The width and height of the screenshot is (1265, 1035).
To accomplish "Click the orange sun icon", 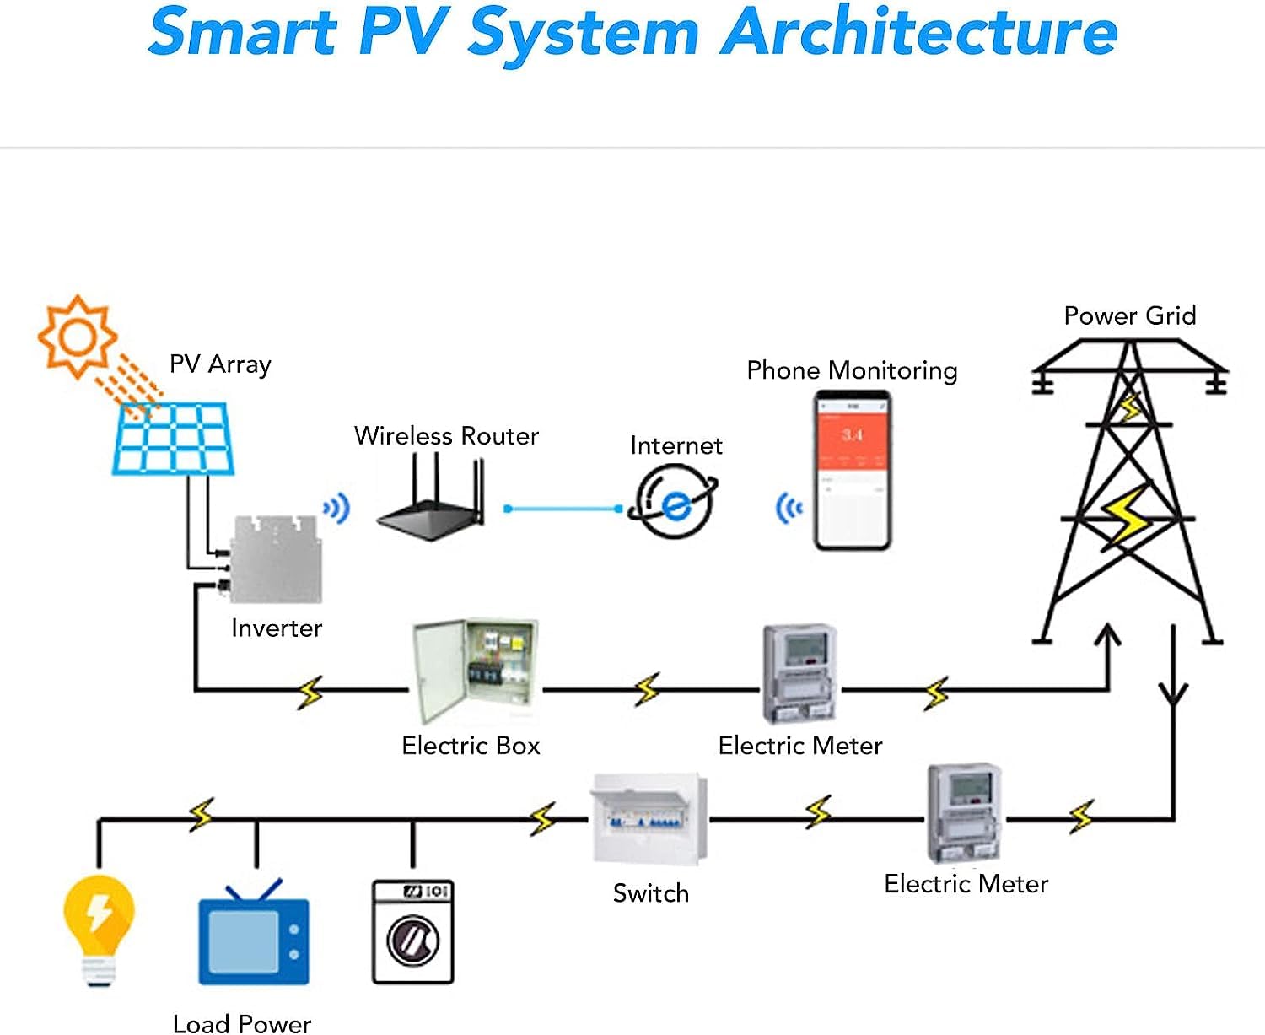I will (x=78, y=336).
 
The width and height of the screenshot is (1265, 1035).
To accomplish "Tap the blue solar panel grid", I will (x=173, y=439).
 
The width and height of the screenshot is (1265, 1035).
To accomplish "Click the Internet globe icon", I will (x=674, y=503).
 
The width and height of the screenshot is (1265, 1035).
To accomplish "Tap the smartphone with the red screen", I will (x=852, y=471).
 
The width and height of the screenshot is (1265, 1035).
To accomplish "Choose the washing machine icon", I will (x=413, y=931).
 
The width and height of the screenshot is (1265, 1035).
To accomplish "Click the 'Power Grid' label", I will (x=1129, y=316).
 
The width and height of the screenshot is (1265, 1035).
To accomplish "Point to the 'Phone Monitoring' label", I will (x=852, y=370).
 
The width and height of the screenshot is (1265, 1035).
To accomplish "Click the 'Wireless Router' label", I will (x=446, y=436).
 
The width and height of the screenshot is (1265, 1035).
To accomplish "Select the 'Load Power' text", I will (x=242, y=1023).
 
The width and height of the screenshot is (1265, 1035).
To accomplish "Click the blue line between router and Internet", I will (x=563, y=509).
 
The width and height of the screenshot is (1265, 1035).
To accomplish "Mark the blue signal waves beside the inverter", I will (x=337, y=509).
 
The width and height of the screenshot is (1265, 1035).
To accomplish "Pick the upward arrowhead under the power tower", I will (x=1107, y=635).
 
